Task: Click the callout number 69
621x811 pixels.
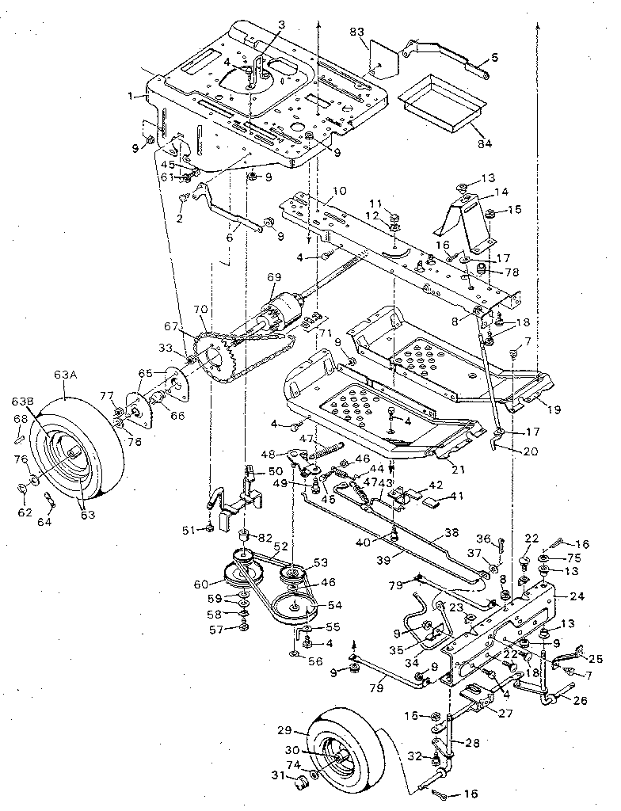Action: click(x=273, y=277)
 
